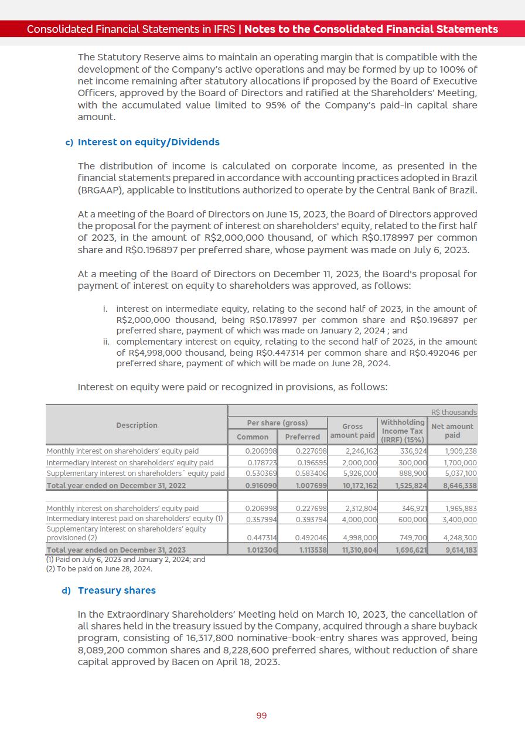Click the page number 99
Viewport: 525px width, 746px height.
[261, 716]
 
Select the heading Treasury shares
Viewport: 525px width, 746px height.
[117, 590]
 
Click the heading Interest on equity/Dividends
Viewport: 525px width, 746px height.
[148, 142]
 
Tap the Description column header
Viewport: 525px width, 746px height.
[137, 425]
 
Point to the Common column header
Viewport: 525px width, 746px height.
[253, 437]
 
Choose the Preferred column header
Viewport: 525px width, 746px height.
[302, 437]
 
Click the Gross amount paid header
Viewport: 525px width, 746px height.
[352, 431]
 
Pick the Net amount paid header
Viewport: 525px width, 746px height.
[452, 431]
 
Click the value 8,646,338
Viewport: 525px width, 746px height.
[460, 486]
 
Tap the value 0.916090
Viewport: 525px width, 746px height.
[261, 486]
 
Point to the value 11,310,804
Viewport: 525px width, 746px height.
[360, 550]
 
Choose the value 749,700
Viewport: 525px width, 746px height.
[413, 537]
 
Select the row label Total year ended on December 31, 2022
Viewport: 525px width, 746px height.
[116, 486]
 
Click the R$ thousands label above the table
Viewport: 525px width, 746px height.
[454, 412]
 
